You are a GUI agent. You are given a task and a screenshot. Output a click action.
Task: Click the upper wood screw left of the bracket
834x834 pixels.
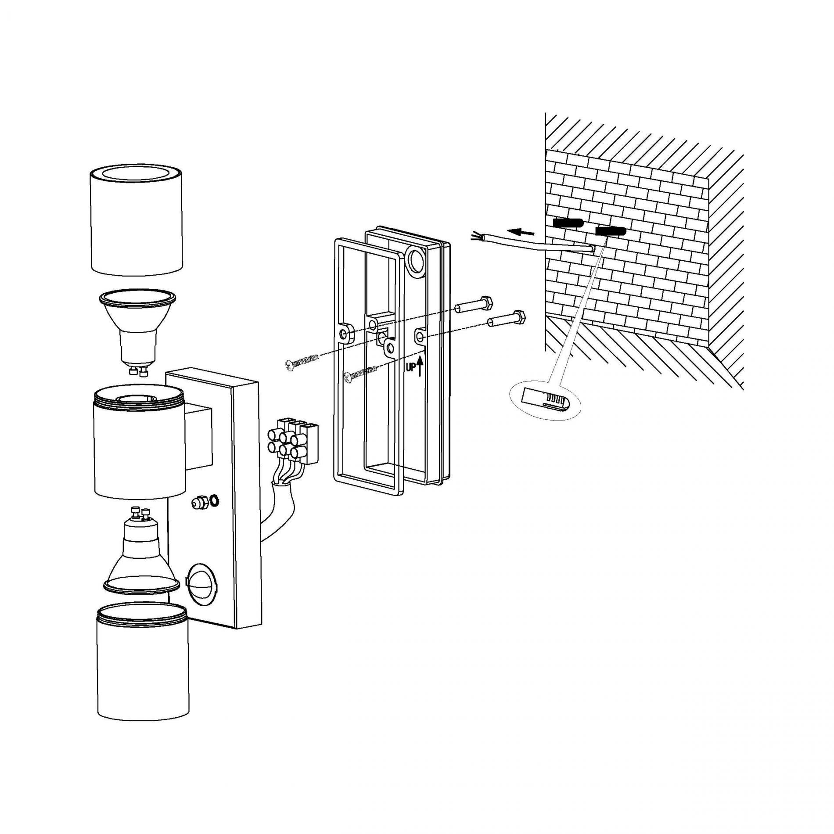coord(302,351)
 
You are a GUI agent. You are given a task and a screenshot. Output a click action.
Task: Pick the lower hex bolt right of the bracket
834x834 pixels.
coord(507,319)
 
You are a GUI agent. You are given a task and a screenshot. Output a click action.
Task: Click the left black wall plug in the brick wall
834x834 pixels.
coord(568,223)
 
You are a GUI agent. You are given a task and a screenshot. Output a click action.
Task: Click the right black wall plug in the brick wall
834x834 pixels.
coord(610,231)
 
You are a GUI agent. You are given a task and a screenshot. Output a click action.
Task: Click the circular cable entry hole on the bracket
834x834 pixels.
coord(414,261)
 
